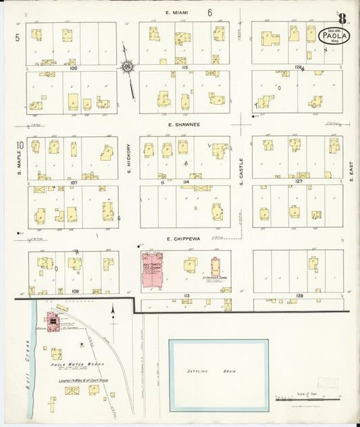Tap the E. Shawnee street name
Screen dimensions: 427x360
(184, 124)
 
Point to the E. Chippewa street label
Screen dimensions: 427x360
(184, 239)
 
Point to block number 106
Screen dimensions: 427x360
(73, 68)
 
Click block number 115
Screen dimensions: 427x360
(184, 68)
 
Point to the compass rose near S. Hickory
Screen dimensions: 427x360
(126, 66)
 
